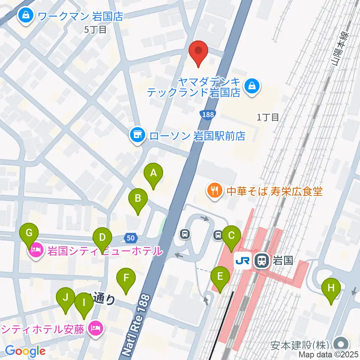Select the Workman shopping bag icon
click(x=26, y=16)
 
